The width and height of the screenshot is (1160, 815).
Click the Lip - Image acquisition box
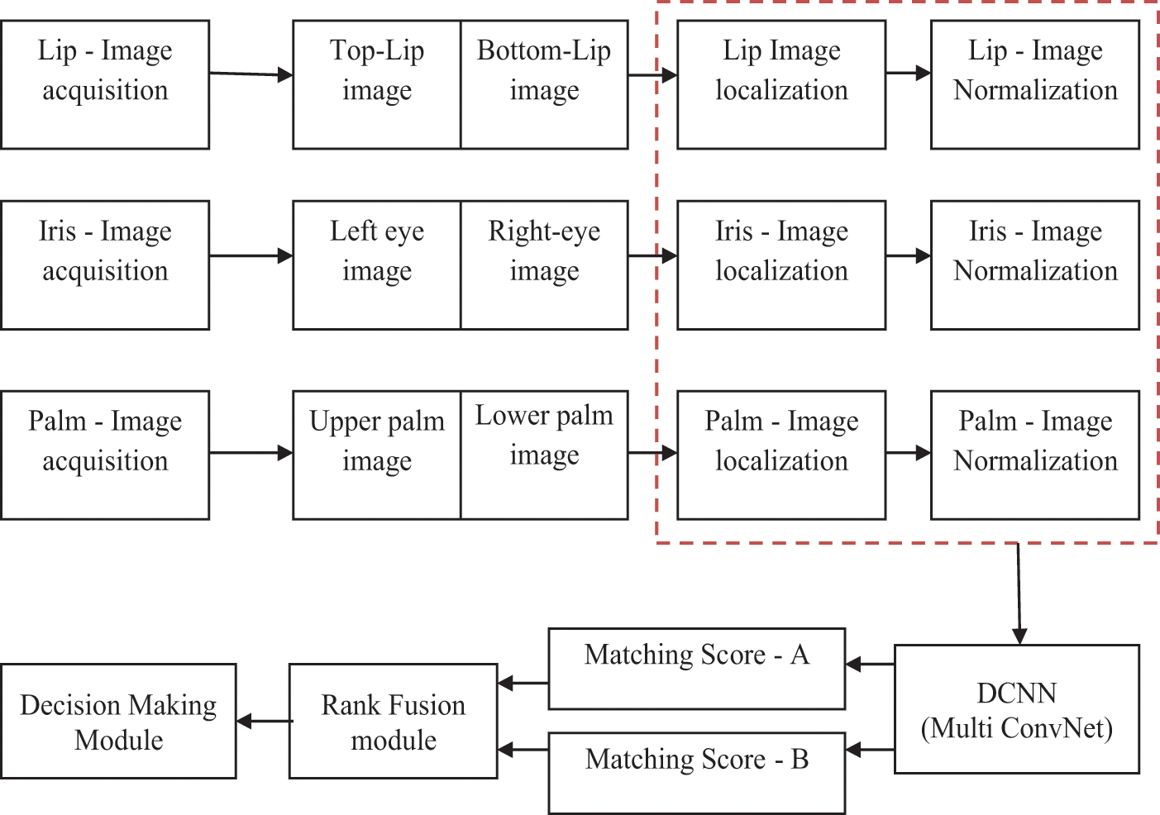(105, 84)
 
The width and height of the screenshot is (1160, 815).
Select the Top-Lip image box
(377, 84)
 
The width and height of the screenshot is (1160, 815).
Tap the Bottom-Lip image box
(544, 84)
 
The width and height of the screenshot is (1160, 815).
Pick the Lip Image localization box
(781, 84)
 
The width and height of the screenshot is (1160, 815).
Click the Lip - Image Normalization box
(1035, 84)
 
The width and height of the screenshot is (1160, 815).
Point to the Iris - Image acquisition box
(105, 265)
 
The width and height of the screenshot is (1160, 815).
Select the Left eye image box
(377, 265)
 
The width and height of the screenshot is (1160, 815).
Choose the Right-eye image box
(544, 265)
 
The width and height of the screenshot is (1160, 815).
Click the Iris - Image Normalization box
(1035, 265)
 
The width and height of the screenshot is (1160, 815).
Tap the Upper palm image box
(377, 455)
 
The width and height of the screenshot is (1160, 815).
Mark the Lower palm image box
(544, 455)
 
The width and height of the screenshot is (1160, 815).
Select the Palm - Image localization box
(781, 455)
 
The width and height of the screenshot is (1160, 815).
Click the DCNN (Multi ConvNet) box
(1017, 709)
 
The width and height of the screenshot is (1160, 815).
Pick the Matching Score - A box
(697, 668)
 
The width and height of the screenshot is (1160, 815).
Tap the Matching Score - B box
(697, 772)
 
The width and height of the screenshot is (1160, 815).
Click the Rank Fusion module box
(394, 721)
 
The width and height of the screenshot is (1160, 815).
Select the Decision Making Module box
(118, 721)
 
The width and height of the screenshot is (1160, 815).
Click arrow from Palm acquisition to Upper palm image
(251, 453)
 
